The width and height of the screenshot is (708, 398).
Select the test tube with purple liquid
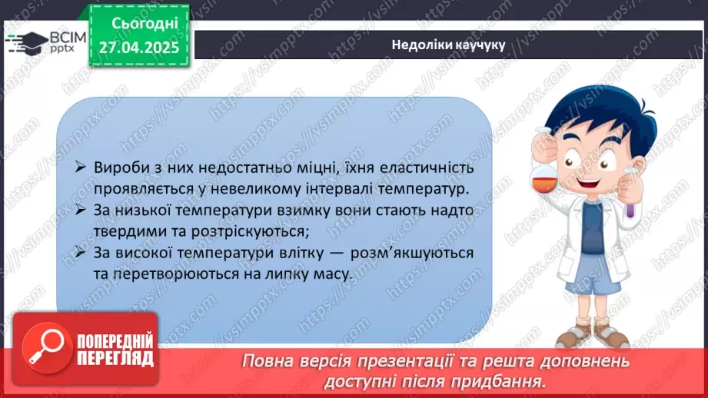pos(630,202)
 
